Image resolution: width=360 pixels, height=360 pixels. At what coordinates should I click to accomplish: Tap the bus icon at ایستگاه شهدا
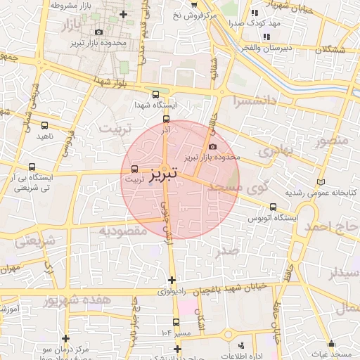pos(155,94)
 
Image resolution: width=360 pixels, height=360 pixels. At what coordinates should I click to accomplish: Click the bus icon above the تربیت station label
pos(134,169)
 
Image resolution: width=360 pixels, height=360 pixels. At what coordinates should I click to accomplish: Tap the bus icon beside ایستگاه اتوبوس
pos(273,207)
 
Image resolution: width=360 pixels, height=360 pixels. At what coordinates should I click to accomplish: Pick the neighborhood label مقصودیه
pos(122,230)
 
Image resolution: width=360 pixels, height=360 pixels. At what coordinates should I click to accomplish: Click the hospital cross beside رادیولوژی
pos(172,280)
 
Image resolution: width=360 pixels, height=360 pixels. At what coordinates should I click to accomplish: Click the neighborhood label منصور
pos(332,140)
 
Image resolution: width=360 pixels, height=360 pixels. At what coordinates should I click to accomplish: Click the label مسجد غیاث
pos(335,352)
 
